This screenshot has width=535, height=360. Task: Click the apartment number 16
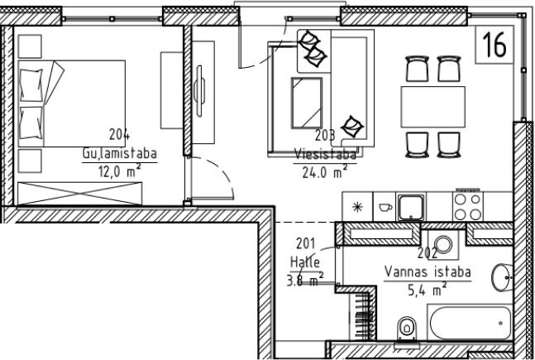(x=494, y=45)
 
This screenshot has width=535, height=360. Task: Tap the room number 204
(x=119, y=134)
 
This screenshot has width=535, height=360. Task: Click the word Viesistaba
(x=325, y=155)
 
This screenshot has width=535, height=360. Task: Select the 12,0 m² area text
(x=120, y=170)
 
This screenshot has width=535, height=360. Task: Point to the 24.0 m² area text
(x=325, y=172)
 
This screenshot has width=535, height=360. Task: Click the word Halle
(x=305, y=262)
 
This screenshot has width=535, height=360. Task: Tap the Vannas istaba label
(x=428, y=272)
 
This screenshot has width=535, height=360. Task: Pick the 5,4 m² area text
(x=428, y=290)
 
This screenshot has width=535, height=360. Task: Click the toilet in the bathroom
(x=407, y=329)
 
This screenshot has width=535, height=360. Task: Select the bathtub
(x=471, y=323)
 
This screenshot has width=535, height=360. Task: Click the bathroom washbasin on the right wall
(x=502, y=277)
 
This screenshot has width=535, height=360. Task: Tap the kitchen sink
(x=411, y=207)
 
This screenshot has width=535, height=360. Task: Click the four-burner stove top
(x=468, y=207)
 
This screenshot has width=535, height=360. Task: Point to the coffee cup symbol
(x=385, y=207)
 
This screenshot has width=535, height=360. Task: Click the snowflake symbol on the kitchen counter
(x=357, y=207)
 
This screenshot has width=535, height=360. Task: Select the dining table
(x=433, y=107)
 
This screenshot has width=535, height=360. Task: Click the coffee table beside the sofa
(x=307, y=103)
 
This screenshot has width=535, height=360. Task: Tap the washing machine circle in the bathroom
(x=443, y=245)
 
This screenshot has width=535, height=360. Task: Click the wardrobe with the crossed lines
(x=80, y=194)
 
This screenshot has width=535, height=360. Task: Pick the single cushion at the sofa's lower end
(x=353, y=127)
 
